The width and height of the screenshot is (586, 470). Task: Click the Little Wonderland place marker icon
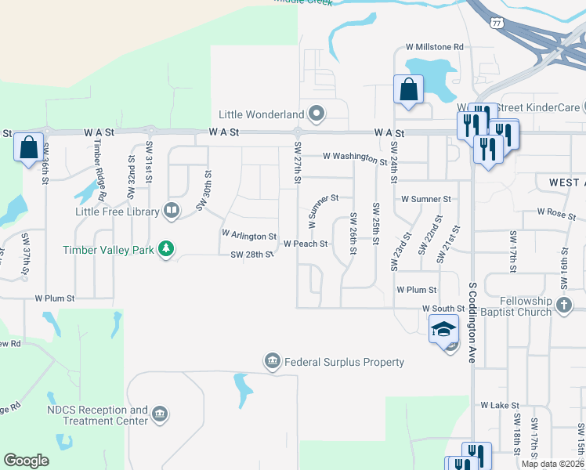(317, 115)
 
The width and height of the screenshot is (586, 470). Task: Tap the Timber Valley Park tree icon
(165, 249)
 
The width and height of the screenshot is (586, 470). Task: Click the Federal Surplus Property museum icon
(273, 361)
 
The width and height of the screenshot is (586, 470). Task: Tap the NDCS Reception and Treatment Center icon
(160, 414)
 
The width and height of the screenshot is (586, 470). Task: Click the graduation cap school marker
(443, 329)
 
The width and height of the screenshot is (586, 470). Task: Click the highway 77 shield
(497, 23)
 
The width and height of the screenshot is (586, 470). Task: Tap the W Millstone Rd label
(434, 47)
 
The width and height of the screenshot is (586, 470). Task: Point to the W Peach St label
(305, 244)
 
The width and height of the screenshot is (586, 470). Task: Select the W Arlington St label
(249, 235)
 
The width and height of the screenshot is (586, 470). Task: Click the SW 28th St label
(251, 255)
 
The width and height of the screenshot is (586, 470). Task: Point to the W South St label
(443, 309)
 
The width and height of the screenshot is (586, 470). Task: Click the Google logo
(27, 460)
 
